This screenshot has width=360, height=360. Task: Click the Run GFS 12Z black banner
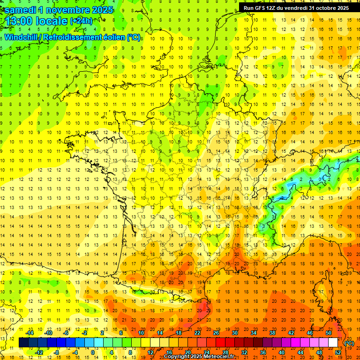[296, 7]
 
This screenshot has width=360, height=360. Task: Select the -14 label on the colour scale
[30, 332]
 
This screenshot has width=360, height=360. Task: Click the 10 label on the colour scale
[141, 332]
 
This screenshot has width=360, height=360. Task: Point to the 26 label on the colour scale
[216, 332]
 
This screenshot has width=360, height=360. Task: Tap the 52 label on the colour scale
[338, 352]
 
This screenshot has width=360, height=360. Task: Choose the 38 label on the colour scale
[272, 332]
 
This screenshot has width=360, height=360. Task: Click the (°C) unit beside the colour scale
[349, 343]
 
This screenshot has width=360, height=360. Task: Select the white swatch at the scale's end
[333, 343]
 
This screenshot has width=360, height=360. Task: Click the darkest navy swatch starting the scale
[23, 343]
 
